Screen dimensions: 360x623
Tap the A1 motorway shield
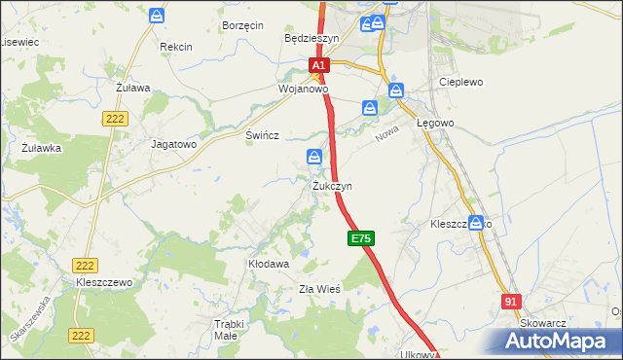click(319, 66)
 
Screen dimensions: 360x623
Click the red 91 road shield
click(511, 302)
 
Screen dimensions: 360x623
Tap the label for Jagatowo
click(174, 143)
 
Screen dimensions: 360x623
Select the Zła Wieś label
click(318, 289)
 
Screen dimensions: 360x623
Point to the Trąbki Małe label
click(226, 330)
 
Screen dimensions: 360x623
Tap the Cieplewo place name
click(461, 83)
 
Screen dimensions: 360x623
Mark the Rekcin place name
click(176, 47)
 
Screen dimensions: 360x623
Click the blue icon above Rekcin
click(158, 17)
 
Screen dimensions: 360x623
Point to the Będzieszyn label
click(311, 39)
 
